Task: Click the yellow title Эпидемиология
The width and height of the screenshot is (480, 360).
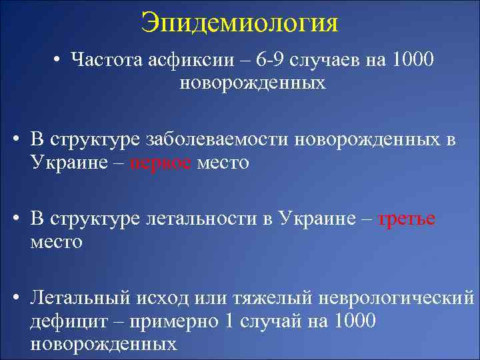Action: click(239, 23)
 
